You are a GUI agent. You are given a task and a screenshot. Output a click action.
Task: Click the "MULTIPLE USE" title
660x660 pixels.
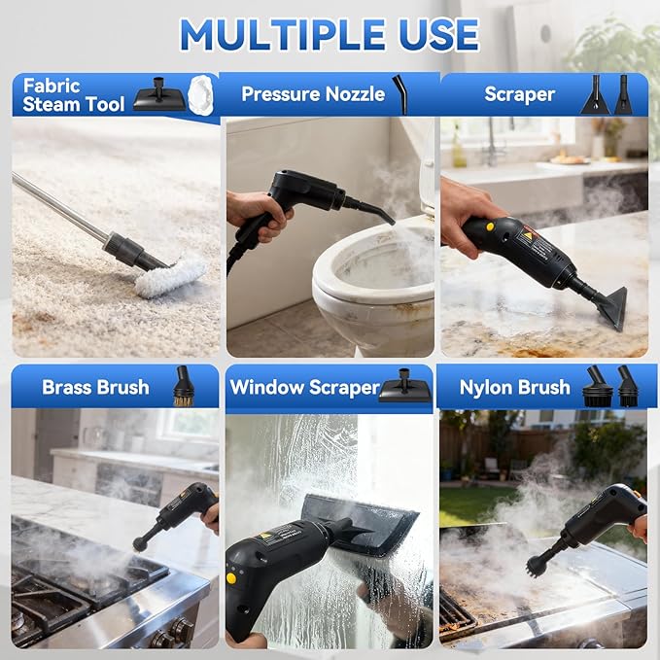click(330, 35)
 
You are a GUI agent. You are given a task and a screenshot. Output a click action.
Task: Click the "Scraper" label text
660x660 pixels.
click(519, 94)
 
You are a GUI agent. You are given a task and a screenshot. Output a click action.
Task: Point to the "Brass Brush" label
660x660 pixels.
click(95, 387)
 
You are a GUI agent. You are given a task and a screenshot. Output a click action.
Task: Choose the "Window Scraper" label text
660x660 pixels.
click(303, 387)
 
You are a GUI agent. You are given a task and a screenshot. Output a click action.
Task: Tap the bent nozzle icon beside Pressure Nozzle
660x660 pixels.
click(399, 93)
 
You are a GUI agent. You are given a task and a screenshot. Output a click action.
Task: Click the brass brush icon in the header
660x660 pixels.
click(183, 386)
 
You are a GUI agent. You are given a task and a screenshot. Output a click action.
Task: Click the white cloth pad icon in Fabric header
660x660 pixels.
click(202, 94)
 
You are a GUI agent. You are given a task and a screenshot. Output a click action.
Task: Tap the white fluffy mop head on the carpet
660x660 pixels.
click(170, 277)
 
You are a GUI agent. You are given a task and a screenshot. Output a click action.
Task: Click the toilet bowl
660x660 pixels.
click(374, 287)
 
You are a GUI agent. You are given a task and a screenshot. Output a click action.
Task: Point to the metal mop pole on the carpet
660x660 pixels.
click(58, 207)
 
